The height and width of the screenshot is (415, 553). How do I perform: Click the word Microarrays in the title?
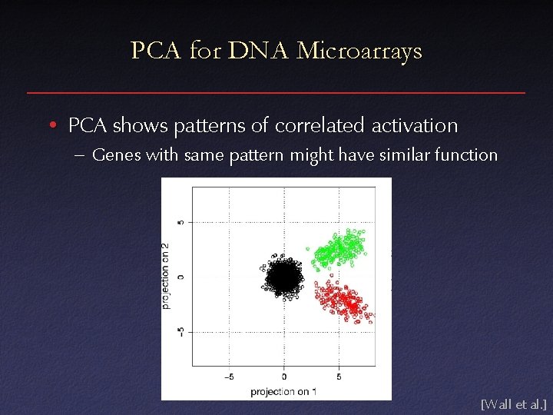click(x=359, y=51)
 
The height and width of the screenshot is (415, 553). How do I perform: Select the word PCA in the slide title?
click(x=156, y=51)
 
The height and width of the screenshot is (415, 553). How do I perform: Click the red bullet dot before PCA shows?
click(x=51, y=125)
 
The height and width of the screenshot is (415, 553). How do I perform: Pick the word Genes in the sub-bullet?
click(x=116, y=155)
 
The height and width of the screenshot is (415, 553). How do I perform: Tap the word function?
click(x=467, y=155)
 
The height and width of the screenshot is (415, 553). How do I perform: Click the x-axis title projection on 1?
click(x=283, y=392)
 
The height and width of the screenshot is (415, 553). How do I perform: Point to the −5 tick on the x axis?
click(x=229, y=377)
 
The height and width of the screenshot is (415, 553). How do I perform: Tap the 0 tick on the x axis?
click(x=284, y=377)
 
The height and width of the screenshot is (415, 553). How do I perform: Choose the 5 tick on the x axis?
click(x=339, y=377)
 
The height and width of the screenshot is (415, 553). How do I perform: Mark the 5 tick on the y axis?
click(x=181, y=222)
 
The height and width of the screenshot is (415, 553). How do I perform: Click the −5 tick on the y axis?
click(x=181, y=332)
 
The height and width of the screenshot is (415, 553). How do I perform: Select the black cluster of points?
click(x=283, y=277)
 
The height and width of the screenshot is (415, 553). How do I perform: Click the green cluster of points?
click(x=338, y=248)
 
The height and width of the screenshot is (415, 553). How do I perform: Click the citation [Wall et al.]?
click(x=512, y=403)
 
